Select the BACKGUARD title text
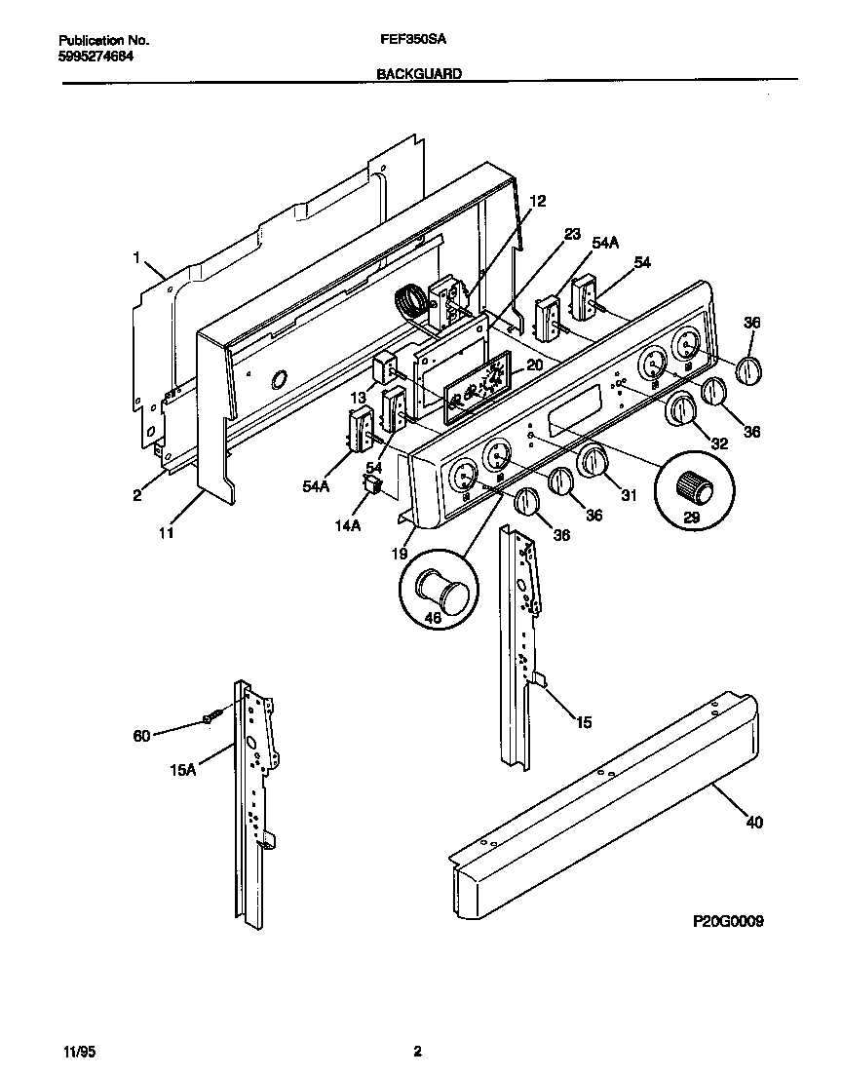tap(419, 73)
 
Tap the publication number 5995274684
tap(96, 56)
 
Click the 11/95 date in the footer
tap(73, 1051)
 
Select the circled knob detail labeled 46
tap(438, 588)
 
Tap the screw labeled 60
tap(213, 717)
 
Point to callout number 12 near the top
tap(538, 201)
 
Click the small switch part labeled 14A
tap(371, 484)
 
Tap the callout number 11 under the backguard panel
tap(167, 533)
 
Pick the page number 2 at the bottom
tap(417, 1051)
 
